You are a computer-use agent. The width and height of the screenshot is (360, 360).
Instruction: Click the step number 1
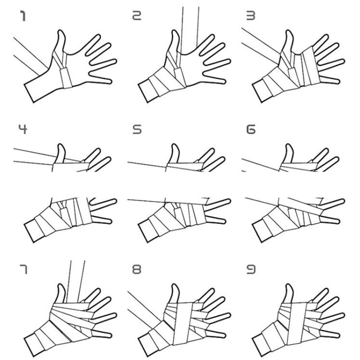tap(23, 16)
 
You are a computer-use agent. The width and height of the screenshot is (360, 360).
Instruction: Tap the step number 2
tap(137, 16)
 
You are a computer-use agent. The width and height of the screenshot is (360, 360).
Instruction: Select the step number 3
tap(251, 16)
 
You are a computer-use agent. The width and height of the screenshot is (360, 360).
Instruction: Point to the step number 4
tap(23, 130)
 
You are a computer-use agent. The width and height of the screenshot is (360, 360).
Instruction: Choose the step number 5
tap(137, 130)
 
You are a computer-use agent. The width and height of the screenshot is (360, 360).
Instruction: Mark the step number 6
tap(251, 130)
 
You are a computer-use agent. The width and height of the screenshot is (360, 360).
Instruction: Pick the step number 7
tap(24, 269)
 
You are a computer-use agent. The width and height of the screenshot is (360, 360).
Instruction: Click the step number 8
tap(137, 269)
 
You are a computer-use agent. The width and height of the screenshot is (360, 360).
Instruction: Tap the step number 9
tap(251, 269)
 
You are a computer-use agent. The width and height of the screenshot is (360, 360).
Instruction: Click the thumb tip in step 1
tap(60, 31)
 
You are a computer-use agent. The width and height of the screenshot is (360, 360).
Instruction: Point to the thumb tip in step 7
tap(60, 285)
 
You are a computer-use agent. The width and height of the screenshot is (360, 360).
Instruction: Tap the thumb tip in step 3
tap(289, 31)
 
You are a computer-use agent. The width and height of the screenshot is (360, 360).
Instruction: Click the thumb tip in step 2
tap(175, 31)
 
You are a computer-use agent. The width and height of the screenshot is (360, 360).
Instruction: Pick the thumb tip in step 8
tap(175, 285)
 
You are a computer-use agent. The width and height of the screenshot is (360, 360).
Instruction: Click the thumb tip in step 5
tap(174, 144)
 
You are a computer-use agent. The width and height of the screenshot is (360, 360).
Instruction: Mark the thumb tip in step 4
tap(60, 144)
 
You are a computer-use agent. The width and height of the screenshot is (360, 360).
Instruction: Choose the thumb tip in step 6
tap(288, 144)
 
